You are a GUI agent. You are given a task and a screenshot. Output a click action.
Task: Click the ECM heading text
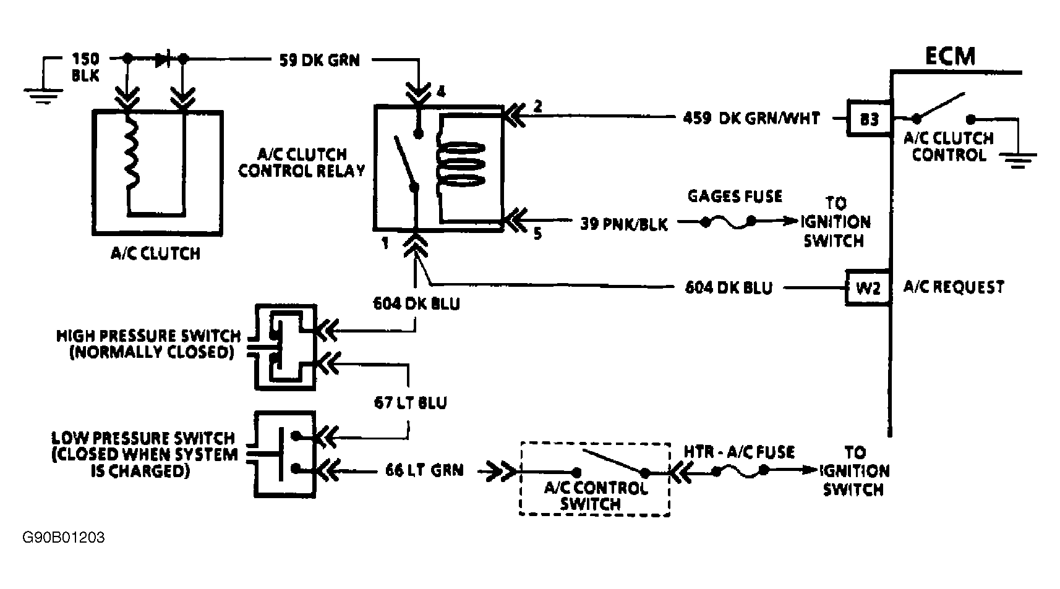[950, 56]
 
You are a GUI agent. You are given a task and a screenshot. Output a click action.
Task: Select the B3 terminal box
[869, 119]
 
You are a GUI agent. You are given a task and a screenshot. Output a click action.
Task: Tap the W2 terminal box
[868, 287]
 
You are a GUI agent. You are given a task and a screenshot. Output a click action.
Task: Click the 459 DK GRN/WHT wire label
[751, 118]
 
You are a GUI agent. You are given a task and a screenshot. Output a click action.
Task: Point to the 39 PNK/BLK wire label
[623, 224]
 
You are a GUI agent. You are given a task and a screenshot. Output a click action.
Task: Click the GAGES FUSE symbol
[728, 222]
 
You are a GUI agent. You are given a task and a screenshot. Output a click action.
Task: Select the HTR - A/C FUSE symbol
[740, 472]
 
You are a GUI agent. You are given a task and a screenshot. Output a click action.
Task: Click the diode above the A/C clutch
[163, 59]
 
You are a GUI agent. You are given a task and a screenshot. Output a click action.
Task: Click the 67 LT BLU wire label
[410, 403]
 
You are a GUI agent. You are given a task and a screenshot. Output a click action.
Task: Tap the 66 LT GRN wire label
[424, 471]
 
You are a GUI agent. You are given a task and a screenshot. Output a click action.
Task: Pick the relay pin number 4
[440, 93]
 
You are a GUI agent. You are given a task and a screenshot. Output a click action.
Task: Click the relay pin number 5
[537, 234]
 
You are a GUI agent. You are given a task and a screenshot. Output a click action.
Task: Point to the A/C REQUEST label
[954, 287]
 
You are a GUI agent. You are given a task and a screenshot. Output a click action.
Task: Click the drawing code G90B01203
[64, 538]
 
